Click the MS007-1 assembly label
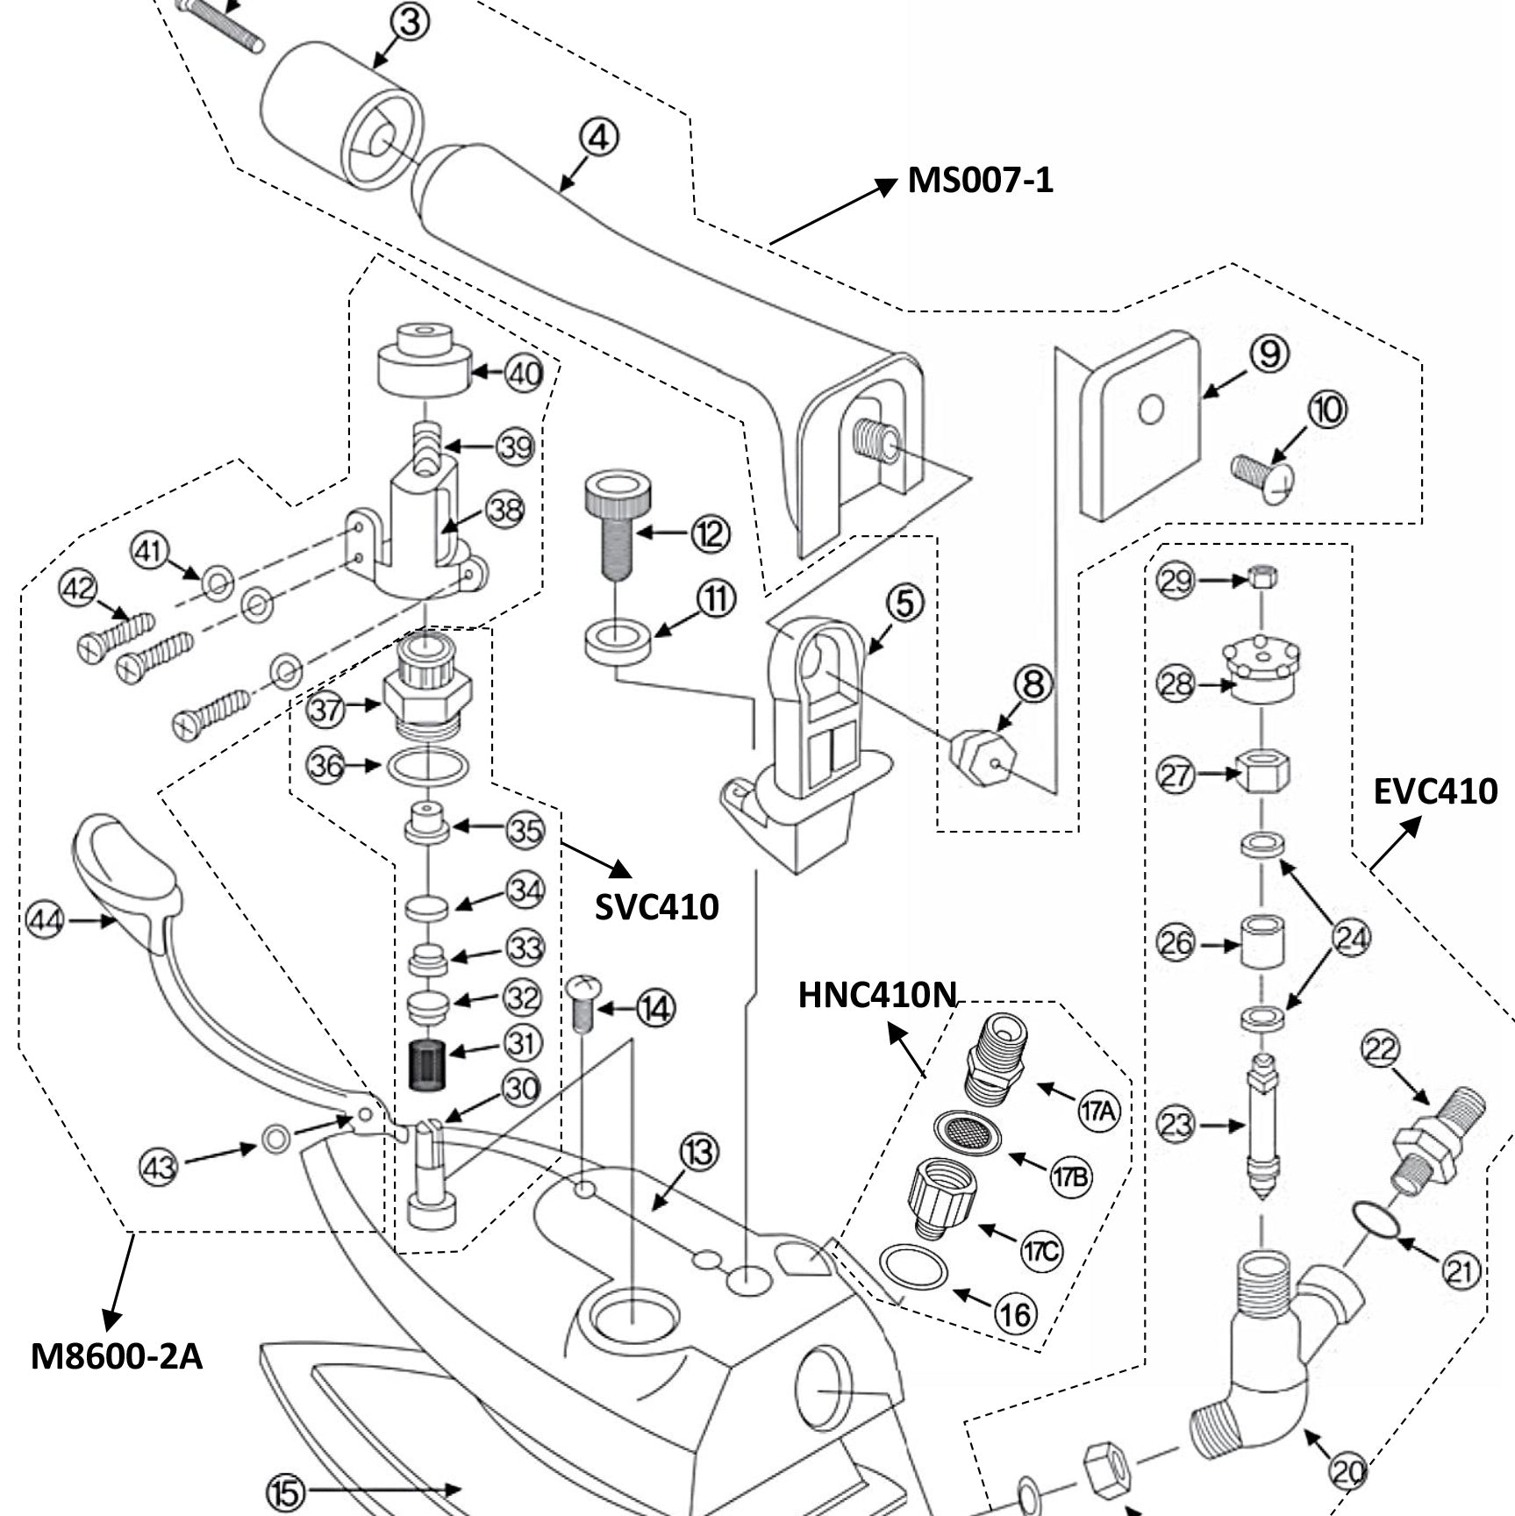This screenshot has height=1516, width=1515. [980, 181]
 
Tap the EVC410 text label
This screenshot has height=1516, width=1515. [1435, 791]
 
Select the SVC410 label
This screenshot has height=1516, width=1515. [656, 906]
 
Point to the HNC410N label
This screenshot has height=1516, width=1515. [876, 995]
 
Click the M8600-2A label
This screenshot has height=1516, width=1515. [117, 1356]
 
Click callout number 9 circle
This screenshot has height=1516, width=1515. [1268, 354]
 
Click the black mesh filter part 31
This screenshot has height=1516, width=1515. [429, 1064]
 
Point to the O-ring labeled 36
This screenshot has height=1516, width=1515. [427, 766]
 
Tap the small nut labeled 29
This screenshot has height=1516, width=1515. [1261, 578]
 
